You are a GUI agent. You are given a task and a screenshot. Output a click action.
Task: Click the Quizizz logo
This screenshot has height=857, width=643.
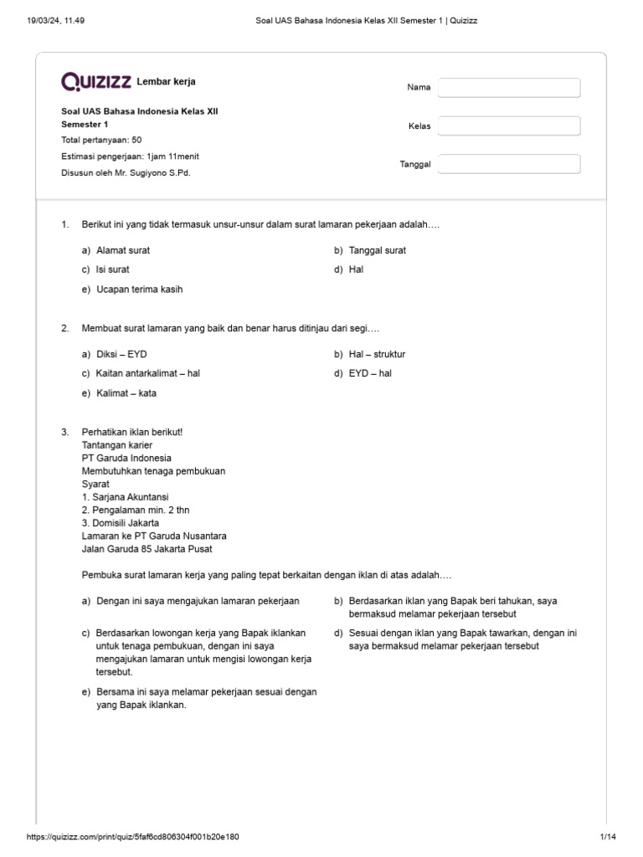[96, 81]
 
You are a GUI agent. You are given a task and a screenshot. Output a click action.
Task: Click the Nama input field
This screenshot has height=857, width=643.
[509, 88]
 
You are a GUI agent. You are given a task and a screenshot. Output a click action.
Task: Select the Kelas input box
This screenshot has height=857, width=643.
[509, 126]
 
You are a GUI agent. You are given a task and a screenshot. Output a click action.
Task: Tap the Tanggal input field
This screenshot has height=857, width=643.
[509, 164]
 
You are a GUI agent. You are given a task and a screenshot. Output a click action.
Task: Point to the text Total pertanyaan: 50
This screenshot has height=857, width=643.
[102, 141]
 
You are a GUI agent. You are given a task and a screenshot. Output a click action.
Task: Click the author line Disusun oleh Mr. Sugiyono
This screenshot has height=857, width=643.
[131, 172]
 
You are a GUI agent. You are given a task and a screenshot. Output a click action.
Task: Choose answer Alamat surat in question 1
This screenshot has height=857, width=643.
[123, 250]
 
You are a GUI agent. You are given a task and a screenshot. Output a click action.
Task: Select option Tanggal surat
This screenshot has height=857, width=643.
[378, 250]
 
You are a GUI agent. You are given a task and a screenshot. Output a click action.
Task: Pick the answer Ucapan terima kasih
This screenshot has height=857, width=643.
[139, 290]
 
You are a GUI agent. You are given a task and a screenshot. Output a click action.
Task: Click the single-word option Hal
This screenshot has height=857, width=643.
[357, 269]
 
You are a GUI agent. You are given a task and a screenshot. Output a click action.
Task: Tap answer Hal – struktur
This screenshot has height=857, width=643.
[377, 354]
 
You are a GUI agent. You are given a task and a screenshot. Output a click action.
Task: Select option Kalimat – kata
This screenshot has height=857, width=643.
[126, 393]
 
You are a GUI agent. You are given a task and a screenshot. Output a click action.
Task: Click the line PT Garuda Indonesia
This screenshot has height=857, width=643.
[126, 458]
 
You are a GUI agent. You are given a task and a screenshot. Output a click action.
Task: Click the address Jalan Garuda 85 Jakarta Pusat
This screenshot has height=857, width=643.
[147, 549]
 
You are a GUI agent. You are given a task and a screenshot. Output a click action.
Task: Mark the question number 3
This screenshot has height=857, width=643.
[64, 432]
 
